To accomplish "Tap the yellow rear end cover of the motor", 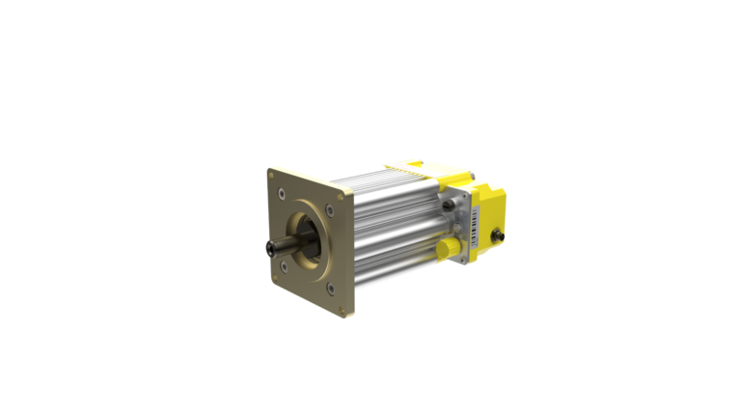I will click(x=492, y=208).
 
